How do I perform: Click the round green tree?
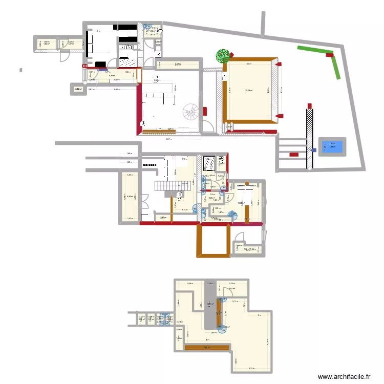pyautogui.click(x=223, y=55)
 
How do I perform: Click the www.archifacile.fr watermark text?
pyautogui.click(x=344, y=377)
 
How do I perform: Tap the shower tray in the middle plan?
pyautogui.click(x=209, y=163)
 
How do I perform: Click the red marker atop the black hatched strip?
pyautogui.click(x=309, y=105)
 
